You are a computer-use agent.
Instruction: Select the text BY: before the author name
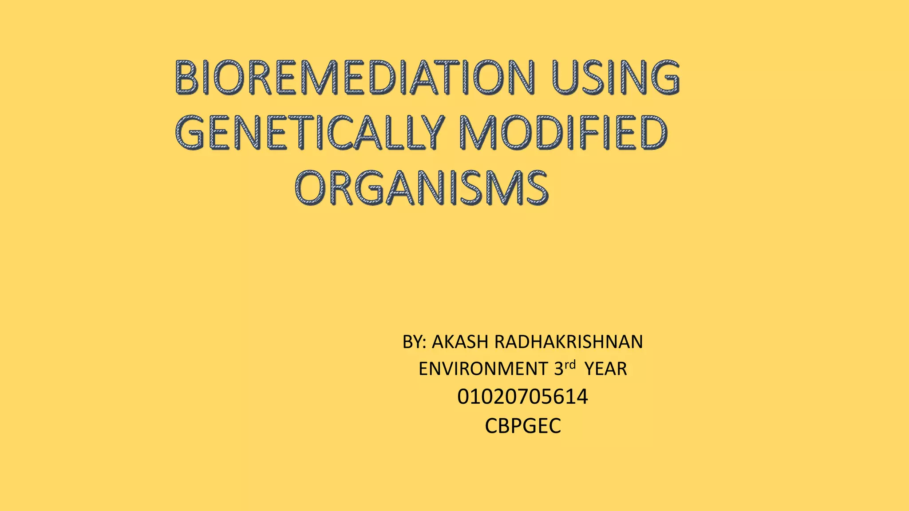pos(414,342)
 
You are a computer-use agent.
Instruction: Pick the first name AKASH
pos(460,342)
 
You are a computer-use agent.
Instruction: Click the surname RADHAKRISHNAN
pos(568,342)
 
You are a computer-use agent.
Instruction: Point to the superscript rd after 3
pos(570,365)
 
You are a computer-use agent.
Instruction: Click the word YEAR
pos(605,369)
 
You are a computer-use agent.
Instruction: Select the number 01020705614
pos(522,397)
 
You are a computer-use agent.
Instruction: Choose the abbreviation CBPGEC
pos(522,426)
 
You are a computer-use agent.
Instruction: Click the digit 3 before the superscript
pos(558,369)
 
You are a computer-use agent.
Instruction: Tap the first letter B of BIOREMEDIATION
pos(186,78)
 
